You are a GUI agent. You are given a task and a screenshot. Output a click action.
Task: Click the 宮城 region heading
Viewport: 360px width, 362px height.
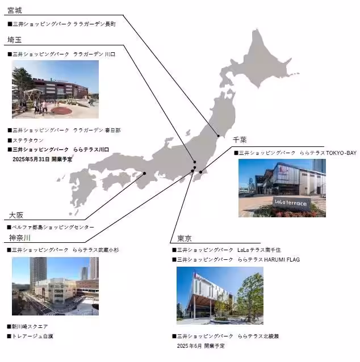(x=15, y=10)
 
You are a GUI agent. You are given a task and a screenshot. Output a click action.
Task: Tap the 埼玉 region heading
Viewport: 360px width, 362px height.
(x=15, y=40)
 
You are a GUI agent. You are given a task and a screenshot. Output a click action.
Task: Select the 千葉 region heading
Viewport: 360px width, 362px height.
(x=241, y=140)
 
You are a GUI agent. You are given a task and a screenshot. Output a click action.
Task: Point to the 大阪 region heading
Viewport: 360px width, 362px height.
(x=16, y=215)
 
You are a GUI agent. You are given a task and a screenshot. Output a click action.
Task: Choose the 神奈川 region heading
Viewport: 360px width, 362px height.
(x=19, y=237)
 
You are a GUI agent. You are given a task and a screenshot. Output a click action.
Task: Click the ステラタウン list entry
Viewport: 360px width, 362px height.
(x=27, y=140)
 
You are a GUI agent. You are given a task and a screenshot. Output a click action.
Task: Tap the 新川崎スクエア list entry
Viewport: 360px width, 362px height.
(x=30, y=326)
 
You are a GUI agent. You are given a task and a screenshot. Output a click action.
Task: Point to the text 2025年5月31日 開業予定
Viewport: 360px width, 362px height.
(x=42, y=160)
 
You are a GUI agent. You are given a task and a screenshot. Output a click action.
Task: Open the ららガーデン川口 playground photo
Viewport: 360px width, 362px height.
(x=55, y=89)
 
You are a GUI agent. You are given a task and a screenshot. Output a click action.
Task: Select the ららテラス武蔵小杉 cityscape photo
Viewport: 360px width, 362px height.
(x=55, y=287)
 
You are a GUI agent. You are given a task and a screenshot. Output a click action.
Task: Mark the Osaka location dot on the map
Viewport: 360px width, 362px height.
(x=144, y=173)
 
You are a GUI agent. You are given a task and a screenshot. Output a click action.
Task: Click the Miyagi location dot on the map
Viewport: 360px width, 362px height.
(x=219, y=136)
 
